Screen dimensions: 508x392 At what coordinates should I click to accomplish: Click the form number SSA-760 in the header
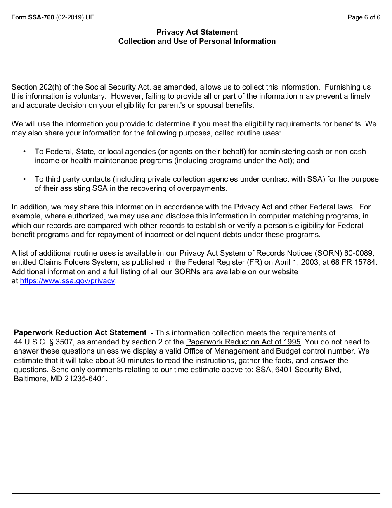(41, 17)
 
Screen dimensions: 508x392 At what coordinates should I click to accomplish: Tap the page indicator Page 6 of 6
(364, 17)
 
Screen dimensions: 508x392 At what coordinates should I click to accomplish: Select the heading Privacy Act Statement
(197, 32)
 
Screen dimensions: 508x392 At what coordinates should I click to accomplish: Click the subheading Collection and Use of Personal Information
(197, 41)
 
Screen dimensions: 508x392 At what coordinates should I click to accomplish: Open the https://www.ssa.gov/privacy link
(67, 281)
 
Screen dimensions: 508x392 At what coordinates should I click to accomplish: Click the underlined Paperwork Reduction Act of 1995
(243, 342)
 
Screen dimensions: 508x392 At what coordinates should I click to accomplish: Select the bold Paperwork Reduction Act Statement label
(80, 332)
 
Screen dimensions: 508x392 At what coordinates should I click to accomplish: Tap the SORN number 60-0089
(360, 254)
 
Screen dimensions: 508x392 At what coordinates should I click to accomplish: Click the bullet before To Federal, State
(25, 152)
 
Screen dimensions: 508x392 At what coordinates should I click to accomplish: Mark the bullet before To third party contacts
(25, 179)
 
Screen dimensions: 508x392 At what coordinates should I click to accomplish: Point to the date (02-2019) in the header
(69, 17)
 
